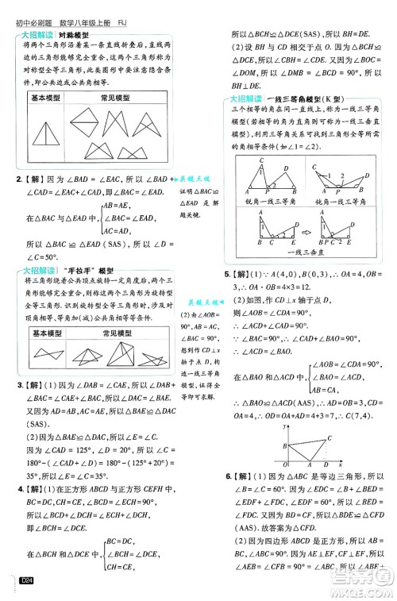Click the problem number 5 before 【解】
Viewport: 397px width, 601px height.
[x=227, y=274]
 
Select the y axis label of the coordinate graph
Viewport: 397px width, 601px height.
[x=285, y=427]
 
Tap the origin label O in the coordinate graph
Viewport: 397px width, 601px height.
[x=285, y=464]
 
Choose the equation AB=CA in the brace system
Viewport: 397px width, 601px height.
[x=303, y=390]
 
